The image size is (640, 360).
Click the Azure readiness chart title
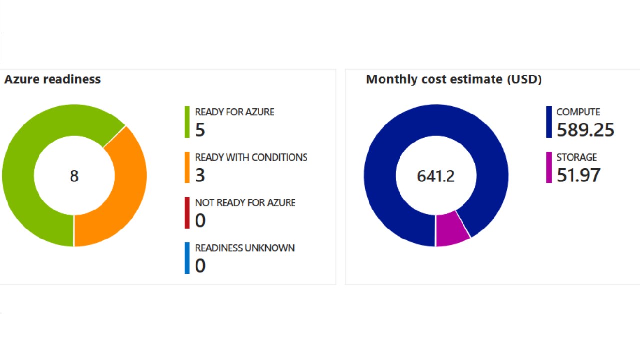pos(52,79)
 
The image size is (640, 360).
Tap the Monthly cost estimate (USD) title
pos(454,79)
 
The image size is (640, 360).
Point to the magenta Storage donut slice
pos(451,229)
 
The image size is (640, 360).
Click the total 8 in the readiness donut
pos(74,176)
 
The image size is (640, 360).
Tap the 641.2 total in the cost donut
pos(436,176)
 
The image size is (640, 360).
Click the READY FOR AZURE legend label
pos(234,112)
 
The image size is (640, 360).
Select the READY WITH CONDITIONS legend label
pos(251,157)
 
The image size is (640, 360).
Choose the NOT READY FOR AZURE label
pos(245,203)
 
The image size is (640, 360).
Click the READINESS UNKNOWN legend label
pos(245,248)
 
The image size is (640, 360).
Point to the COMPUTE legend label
pos(578,112)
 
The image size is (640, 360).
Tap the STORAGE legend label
pos(576,157)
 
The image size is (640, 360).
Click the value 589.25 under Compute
pos(585,130)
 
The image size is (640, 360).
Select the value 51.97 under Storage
pos(578,175)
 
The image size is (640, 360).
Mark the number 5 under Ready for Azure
pos(200,130)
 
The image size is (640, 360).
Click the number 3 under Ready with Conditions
pos(200,175)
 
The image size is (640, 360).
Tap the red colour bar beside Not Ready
pos(187,213)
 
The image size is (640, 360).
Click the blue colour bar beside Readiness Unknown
pos(187,258)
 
